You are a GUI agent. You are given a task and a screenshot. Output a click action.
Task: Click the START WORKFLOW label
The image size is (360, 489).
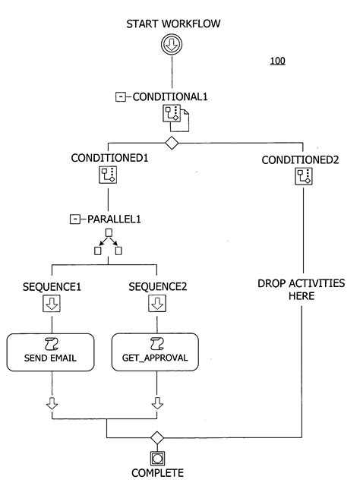(173, 24)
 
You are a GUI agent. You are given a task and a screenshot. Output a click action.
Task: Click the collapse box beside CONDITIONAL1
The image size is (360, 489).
(120, 96)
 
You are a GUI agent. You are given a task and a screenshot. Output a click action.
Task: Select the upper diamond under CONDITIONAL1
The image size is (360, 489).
(172, 143)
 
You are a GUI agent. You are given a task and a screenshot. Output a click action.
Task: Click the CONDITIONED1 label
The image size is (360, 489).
(109, 159)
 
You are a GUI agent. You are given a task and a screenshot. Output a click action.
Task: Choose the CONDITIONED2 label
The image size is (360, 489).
(302, 159)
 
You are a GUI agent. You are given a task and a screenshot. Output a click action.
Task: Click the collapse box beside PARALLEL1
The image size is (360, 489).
(74, 219)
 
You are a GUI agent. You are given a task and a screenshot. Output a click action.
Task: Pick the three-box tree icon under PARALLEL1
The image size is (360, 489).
(108, 241)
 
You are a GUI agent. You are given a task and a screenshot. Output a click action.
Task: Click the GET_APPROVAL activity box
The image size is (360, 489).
(156, 352)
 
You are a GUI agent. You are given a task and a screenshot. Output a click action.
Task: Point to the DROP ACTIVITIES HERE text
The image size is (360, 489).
(301, 289)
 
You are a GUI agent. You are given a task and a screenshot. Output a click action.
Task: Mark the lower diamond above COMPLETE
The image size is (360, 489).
(156, 437)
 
